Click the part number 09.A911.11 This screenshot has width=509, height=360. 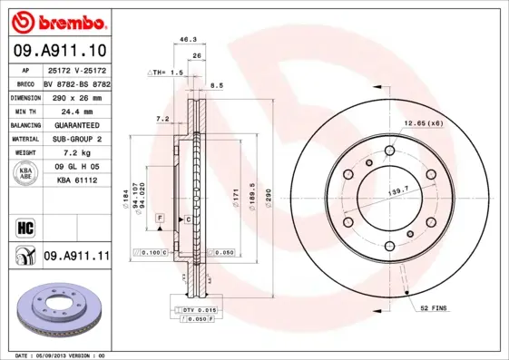[x=76, y=257]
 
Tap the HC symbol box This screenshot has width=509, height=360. [x=25, y=226]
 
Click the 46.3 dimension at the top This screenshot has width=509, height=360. [x=188, y=40]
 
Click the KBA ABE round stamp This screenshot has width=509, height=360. [x=26, y=174]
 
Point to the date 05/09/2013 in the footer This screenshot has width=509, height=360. [x=59, y=355]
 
